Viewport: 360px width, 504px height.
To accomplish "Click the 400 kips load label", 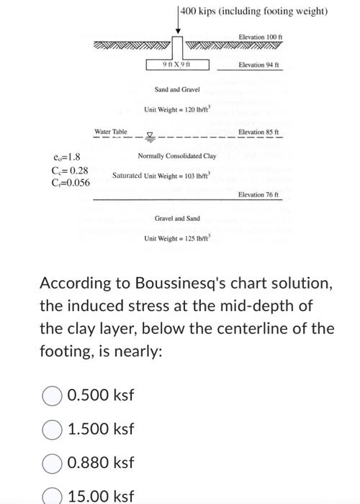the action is pyautogui.click(x=253, y=12).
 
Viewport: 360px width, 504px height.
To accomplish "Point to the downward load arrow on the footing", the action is pyautogui.click(x=177, y=22).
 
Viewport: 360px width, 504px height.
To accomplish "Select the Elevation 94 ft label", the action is pyautogui.click(x=258, y=66).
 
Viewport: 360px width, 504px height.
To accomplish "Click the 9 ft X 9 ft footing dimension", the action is pyautogui.click(x=176, y=66).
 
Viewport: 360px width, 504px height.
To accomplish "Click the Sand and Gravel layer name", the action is pyautogui.click(x=176, y=90).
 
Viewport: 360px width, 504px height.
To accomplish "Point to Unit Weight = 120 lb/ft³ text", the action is pyautogui.click(x=176, y=109).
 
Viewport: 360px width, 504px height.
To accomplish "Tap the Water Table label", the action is pyautogui.click(x=111, y=132).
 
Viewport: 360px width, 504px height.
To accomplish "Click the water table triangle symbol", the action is pyautogui.click(x=150, y=135).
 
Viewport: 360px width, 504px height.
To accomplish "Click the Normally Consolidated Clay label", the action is pyautogui.click(x=177, y=156).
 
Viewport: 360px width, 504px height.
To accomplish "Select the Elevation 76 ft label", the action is pyautogui.click(x=258, y=194).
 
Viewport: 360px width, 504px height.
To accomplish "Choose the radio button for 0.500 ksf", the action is pyautogui.click(x=52, y=395).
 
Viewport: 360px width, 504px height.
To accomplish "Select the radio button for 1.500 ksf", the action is pyautogui.click(x=52, y=429).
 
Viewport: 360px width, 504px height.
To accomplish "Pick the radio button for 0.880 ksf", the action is pyautogui.click(x=52, y=463).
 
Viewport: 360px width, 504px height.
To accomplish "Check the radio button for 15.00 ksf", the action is pyautogui.click(x=52, y=496).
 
